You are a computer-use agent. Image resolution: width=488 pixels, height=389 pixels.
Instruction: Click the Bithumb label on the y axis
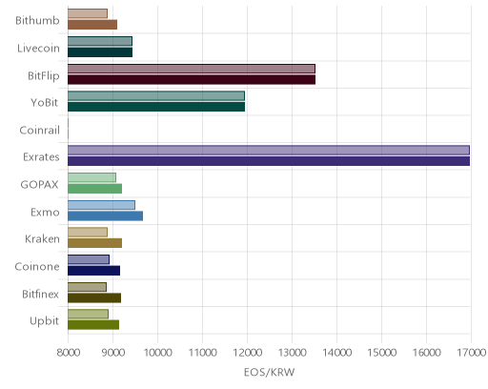(x=37, y=21)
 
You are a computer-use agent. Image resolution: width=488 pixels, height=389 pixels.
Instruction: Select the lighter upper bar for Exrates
(x=269, y=150)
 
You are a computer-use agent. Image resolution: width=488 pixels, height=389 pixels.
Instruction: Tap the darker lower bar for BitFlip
(x=192, y=79)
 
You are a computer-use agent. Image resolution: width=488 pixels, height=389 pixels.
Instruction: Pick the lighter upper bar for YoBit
(x=156, y=95)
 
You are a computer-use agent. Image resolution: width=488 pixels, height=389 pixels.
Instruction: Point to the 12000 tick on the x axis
(x=247, y=352)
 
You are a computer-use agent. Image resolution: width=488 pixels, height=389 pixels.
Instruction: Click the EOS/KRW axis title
(x=269, y=372)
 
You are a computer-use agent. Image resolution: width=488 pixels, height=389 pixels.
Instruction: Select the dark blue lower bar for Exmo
(x=105, y=215)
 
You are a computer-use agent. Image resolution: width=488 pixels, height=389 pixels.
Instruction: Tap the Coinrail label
(x=39, y=130)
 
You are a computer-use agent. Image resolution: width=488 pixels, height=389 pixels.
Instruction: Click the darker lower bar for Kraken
(x=94, y=243)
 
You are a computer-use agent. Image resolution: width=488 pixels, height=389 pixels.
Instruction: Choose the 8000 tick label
(x=68, y=352)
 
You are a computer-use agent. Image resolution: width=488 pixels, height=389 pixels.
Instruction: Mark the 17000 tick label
(x=472, y=352)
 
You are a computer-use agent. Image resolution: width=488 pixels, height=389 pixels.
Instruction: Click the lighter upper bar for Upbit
(x=88, y=314)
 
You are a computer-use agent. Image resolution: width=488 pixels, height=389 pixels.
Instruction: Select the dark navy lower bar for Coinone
(x=93, y=271)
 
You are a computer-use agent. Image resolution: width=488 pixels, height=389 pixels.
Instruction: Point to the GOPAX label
(x=39, y=185)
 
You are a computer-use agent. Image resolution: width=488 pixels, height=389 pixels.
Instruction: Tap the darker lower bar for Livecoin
(x=100, y=52)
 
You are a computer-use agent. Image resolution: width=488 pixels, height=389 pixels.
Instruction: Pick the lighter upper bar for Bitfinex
(x=87, y=287)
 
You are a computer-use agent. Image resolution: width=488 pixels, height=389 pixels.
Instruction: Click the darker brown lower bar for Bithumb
(x=92, y=25)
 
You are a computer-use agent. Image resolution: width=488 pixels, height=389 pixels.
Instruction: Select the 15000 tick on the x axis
(x=381, y=352)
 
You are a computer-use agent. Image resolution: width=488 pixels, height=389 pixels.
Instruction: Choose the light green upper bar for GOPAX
(x=91, y=177)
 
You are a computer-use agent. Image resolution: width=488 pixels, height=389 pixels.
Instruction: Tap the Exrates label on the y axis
(x=41, y=157)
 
